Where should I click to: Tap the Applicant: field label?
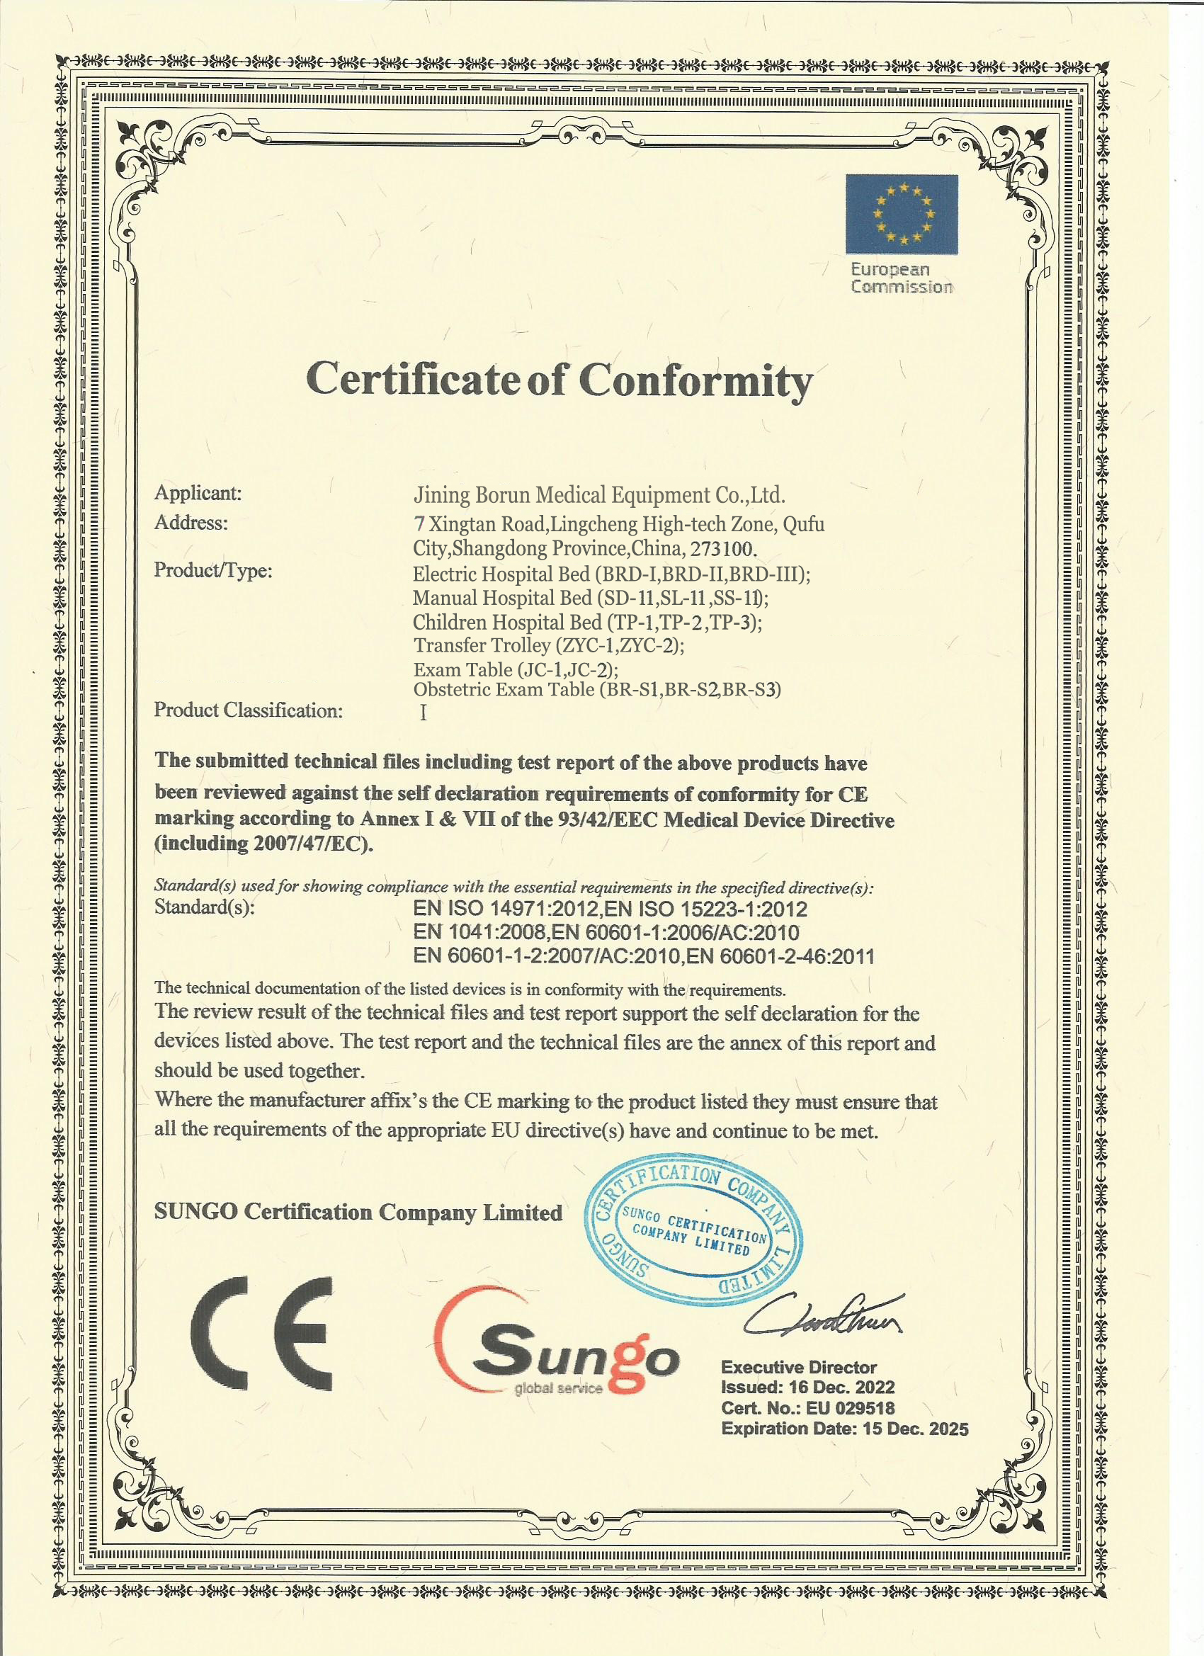[198, 493]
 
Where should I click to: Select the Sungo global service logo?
[557, 1355]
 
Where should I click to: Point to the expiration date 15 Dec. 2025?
[911, 1429]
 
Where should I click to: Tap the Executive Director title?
[799, 1367]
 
